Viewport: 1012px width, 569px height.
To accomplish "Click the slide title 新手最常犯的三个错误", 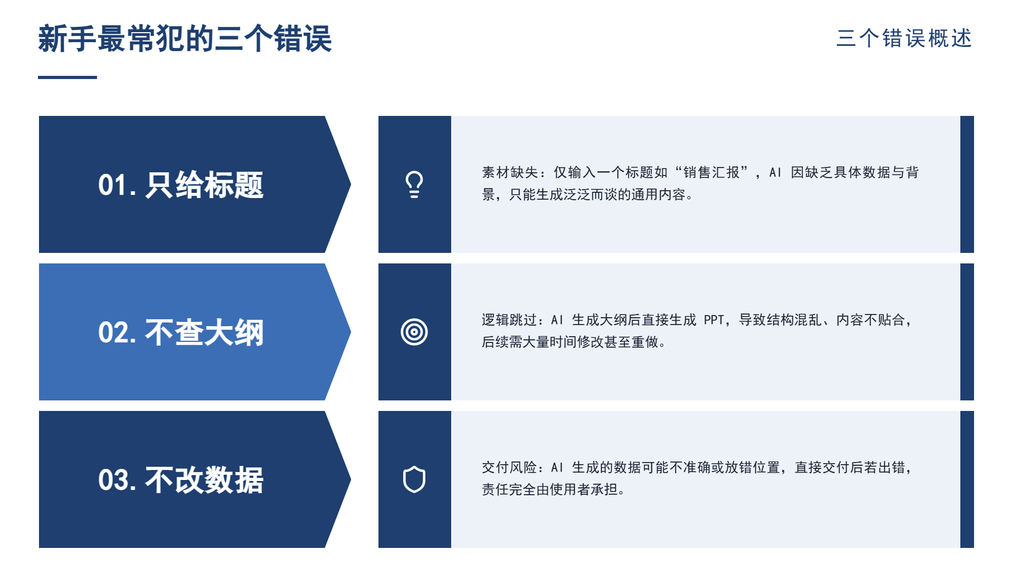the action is coord(185,38).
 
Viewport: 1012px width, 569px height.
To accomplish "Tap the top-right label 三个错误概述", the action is coord(904,38).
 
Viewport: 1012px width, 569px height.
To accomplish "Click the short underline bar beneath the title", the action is coord(67,77).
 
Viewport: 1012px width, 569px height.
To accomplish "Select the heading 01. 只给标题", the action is coord(181,185).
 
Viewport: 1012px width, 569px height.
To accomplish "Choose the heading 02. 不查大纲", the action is coord(181,332).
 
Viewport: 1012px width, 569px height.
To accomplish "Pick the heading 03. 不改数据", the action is coord(181,480).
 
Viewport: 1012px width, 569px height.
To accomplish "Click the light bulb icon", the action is coord(414,184).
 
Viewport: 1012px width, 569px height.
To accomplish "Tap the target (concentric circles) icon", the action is coord(414,332).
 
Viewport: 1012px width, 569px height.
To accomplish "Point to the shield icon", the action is coord(414,479).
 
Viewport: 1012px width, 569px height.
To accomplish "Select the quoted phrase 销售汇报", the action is coord(712,172).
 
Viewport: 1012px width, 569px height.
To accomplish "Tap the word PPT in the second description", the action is coord(714,320).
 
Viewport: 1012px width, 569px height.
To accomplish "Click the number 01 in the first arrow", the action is coord(113,185).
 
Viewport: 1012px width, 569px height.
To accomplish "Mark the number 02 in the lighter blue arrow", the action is coord(113,333).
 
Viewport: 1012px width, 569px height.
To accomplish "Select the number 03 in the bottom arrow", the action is coord(113,480).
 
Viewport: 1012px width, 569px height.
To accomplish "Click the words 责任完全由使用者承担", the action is coord(550,489).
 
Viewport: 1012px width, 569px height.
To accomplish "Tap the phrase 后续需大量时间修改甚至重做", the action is coord(570,342).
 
